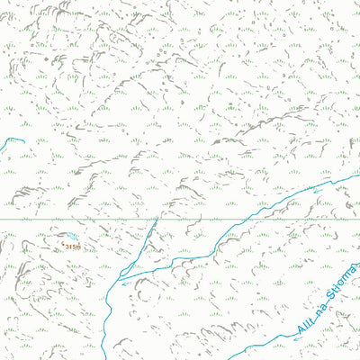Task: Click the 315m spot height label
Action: (73, 244)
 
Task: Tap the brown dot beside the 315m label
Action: (63, 240)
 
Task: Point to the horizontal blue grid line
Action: (90, 219)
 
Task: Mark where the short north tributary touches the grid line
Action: (157, 219)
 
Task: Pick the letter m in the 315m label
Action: (79, 245)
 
